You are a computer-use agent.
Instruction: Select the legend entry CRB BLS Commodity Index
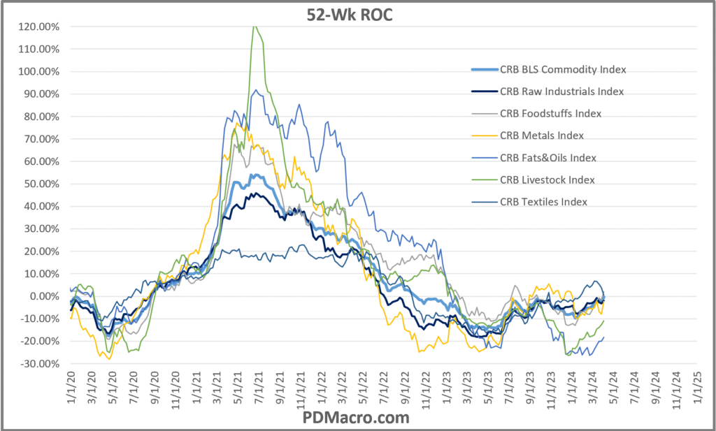click(562, 69)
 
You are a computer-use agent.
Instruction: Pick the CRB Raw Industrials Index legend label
click(561, 92)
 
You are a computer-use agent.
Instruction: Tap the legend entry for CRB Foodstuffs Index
click(550, 113)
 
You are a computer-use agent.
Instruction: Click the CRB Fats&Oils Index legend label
click(547, 157)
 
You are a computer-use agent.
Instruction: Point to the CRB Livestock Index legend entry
click(547, 180)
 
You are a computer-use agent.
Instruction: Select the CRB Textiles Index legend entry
click(543, 202)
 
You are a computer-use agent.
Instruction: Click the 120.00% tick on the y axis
click(39, 27)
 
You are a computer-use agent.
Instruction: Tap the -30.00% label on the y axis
click(41, 363)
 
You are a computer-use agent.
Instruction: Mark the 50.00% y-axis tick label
click(41, 184)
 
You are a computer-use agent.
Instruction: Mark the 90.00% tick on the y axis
click(41, 94)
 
